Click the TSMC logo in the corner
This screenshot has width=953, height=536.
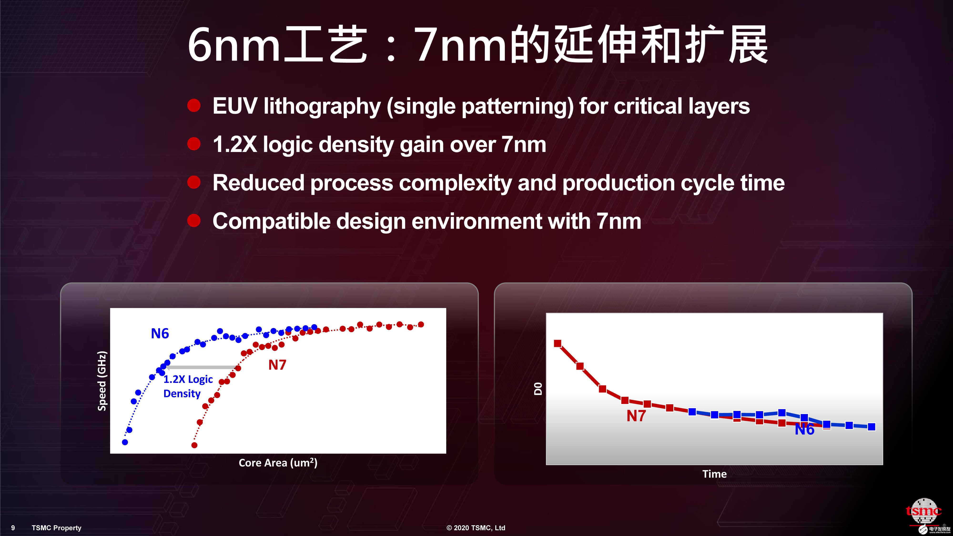tap(924, 512)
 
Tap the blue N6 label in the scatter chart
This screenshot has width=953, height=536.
tap(160, 333)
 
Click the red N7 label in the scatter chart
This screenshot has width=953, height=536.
tap(277, 365)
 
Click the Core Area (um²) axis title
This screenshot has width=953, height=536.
tap(278, 463)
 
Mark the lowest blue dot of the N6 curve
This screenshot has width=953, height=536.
tap(125, 442)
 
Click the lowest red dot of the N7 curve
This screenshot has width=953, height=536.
tap(194, 445)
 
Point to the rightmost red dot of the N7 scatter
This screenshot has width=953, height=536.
tap(421, 324)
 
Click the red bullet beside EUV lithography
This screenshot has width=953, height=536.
tap(194, 106)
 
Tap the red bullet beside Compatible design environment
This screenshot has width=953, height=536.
tap(194, 221)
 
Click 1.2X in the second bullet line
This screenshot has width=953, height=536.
tap(234, 144)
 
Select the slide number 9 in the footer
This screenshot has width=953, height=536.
tap(13, 528)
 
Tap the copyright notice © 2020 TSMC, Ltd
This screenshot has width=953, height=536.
tap(476, 528)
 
